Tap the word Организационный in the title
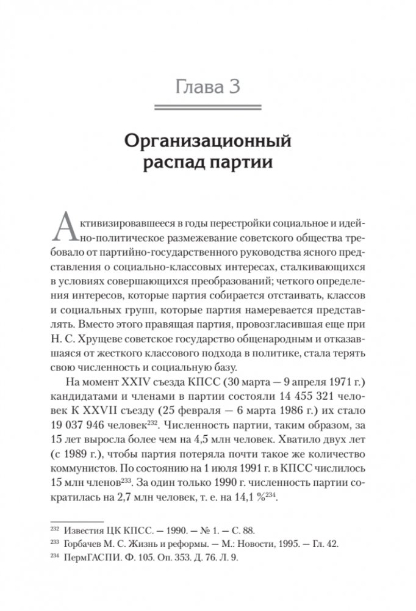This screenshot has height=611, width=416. tap(208, 143)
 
